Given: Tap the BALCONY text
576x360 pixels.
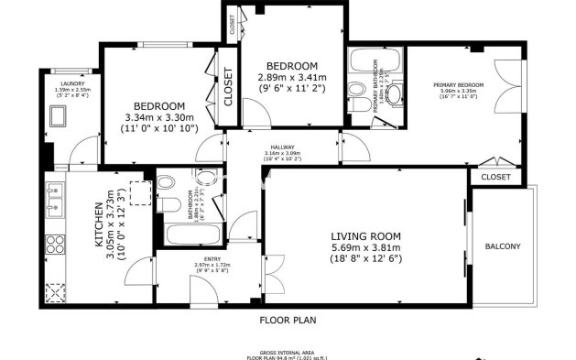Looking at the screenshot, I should tap(502, 245).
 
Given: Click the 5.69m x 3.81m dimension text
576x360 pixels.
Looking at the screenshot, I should tap(366, 247).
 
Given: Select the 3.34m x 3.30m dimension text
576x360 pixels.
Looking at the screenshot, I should tap(159, 117).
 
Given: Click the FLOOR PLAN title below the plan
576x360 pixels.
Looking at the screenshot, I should tap(288, 322).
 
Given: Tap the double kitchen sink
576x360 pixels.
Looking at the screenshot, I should tap(55, 201).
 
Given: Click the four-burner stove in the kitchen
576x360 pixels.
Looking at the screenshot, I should tap(56, 244).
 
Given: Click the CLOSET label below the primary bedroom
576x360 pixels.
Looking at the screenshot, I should tap(495, 177).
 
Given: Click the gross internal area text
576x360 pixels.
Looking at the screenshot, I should tap(288, 352).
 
